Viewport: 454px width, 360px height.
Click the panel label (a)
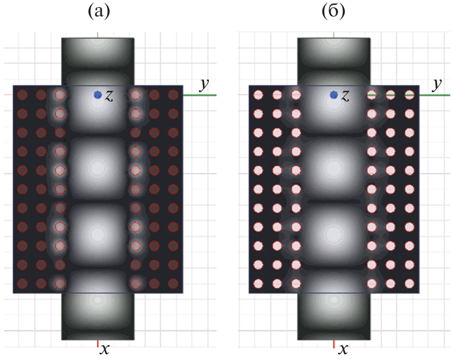coord(99,13)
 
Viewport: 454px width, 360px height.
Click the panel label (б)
coord(333,13)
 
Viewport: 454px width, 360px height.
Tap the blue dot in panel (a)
coord(98,95)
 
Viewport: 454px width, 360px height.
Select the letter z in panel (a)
coord(109,96)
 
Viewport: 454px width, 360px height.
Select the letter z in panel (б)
coord(345,96)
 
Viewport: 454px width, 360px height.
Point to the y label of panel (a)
coord(205,85)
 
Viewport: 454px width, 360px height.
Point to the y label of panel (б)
coord(438,85)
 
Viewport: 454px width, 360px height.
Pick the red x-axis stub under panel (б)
coord(334,344)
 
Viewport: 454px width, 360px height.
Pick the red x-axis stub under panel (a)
coord(98,344)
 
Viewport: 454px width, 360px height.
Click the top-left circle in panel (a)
coord(22,95)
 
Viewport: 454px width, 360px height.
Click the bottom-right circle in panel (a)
coord(173,284)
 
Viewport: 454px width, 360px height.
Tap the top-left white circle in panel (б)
coord(258,95)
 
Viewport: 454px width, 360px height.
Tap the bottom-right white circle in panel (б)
coord(409,284)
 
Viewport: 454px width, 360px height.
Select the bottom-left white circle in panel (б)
coord(258,284)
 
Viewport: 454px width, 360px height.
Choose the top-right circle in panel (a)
coord(173,95)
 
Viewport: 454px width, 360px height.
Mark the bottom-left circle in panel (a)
coord(22,284)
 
